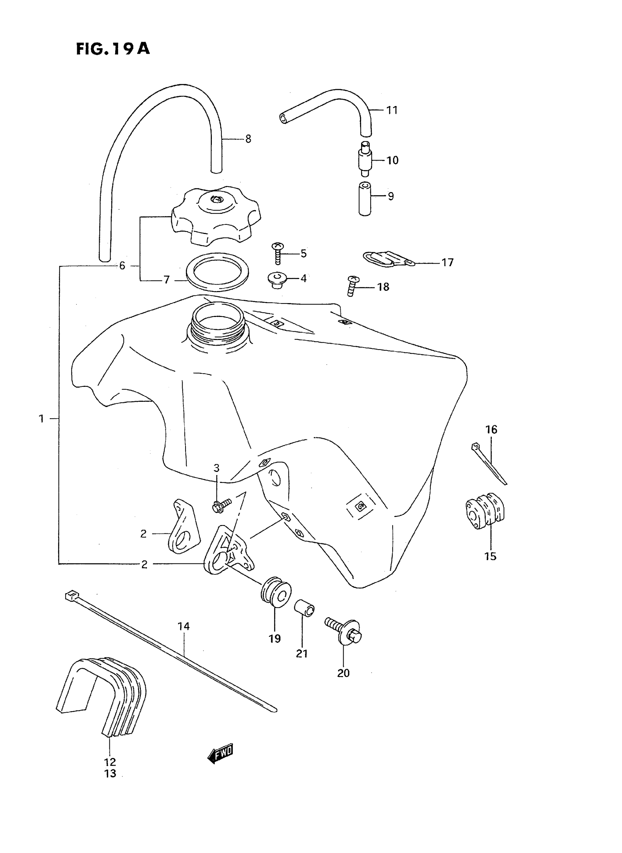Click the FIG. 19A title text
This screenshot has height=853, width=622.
tap(113, 49)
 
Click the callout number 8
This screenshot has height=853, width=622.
tap(248, 139)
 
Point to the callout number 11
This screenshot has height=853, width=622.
tap(392, 110)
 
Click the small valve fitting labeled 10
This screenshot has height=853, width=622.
tap(365, 159)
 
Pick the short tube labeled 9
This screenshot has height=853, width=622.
tap(365, 199)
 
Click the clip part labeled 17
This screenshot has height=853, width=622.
tap(388, 258)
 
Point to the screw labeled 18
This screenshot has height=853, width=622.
tap(353, 286)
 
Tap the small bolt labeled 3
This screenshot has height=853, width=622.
tap(221, 506)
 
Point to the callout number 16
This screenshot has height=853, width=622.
tap(491, 429)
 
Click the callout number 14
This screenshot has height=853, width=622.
tap(184, 626)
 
